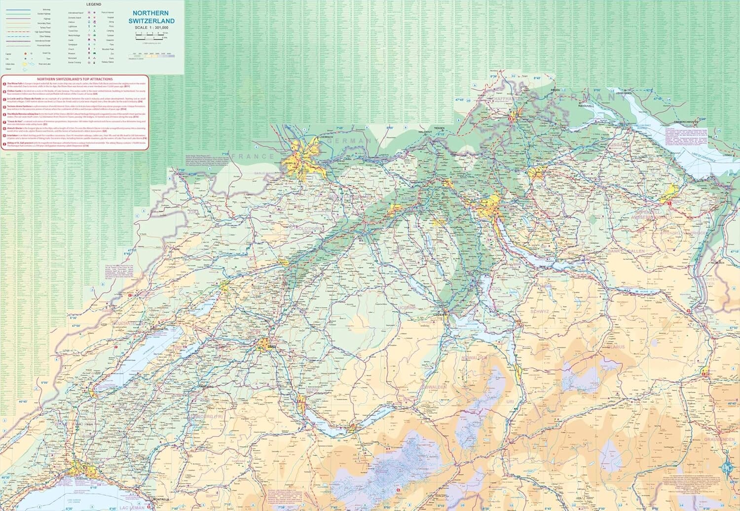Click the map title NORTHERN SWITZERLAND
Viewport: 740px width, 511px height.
[151, 17]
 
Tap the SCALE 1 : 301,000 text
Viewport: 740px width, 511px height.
[151, 28]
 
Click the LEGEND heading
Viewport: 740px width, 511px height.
[93, 4]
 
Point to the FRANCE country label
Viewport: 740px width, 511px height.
[253, 156]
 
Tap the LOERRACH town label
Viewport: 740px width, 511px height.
[327, 136]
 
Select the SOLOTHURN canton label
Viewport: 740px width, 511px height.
[309, 229]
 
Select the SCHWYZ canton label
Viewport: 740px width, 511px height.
[539, 311]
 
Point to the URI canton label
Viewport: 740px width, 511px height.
[510, 402]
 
